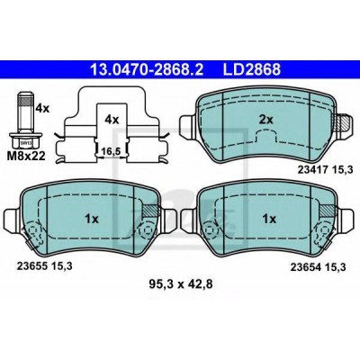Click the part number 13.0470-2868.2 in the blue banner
click(x=147, y=69)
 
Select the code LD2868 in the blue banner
click(x=251, y=69)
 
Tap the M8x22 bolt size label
click(x=27, y=156)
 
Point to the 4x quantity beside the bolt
click(x=42, y=108)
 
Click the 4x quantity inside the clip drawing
click(x=112, y=120)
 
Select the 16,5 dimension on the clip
click(x=111, y=151)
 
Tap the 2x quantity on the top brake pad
click(x=266, y=120)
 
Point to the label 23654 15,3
click(x=318, y=267)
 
